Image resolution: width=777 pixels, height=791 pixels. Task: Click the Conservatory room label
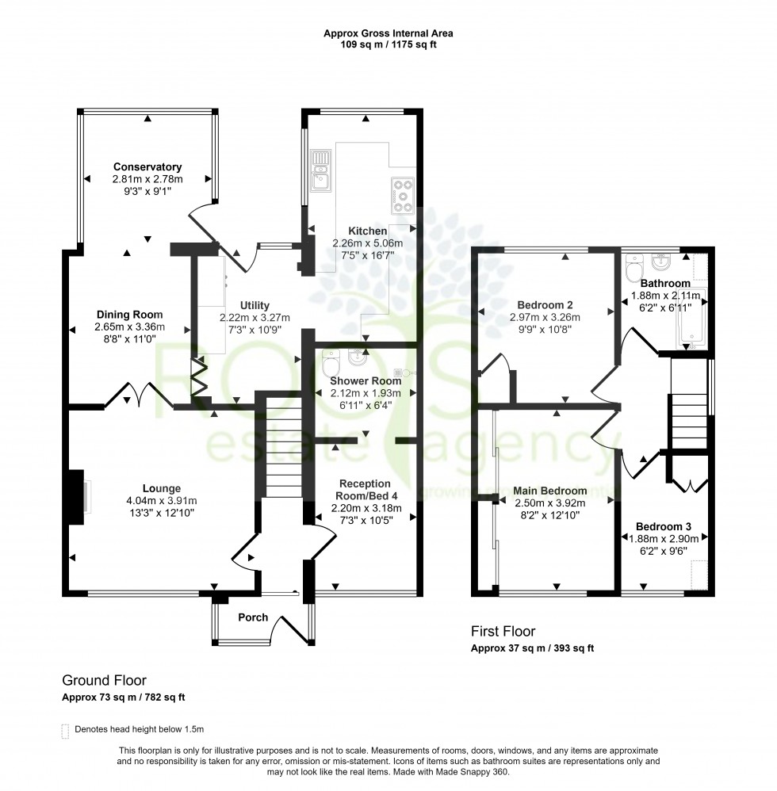[x=147, y=167]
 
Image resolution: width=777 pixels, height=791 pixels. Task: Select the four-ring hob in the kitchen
[x=403, y=193]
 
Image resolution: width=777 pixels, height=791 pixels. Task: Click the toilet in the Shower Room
[x=331, y=365]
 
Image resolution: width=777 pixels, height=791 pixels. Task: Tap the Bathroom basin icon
[x=660, y=261]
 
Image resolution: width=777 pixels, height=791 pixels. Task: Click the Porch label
[x=254, y=617]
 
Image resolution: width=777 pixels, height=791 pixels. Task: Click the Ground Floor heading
[x=104, y=681]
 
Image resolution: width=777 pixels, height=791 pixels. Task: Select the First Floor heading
[x=503, y=632]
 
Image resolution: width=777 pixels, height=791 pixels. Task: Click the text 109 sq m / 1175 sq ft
[x=388, y=45]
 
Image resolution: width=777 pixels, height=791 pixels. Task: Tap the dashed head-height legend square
[x=65, y=729]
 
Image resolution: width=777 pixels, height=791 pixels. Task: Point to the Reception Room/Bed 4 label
[x=365, y=489]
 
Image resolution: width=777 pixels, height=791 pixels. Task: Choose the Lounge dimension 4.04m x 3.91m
[x=162, y=500]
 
